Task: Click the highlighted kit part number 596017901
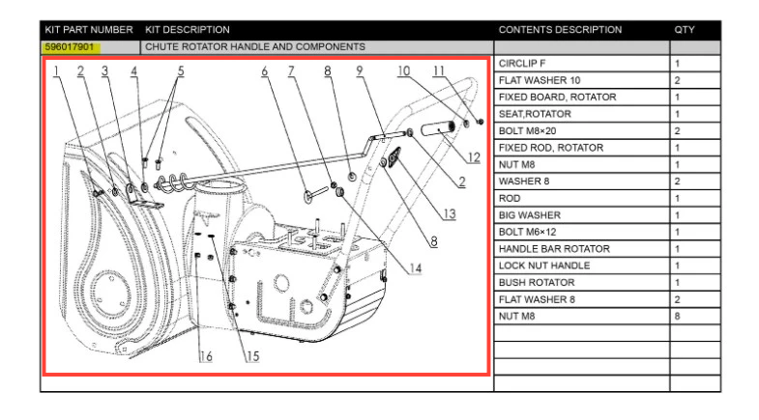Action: tap(72, 46)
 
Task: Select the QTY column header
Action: tap(685, 30)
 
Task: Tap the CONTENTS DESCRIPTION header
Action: tap(560, 30)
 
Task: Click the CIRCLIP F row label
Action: tap(522, 63)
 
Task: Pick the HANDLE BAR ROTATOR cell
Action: tap(554, 248)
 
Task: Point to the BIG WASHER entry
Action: tap(528, 214)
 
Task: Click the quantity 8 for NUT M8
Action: tap(678, 316)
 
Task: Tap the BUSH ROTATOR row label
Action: tap(537, 282)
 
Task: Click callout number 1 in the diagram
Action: tap(57, 70)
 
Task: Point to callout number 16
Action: tap(206, 356)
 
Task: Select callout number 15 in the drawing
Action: tap(251, 356)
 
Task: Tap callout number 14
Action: tap(415, 268)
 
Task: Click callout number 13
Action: tap(449, 214)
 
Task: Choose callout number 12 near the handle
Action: tap(473, 157)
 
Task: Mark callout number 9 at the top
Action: tap(359, 70)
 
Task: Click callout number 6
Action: tap(264, 70)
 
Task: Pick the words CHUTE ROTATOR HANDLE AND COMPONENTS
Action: tap(254, 46)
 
